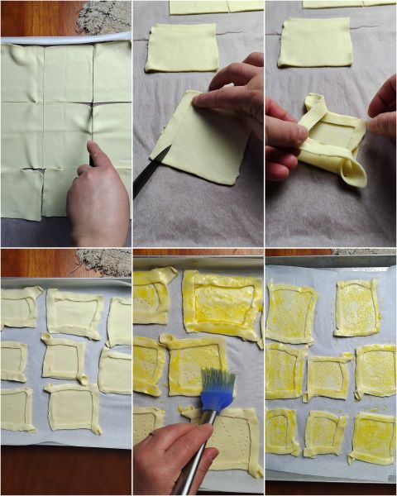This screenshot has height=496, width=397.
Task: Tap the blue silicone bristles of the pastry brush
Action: (217, 389)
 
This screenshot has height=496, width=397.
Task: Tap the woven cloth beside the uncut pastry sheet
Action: (104, 17)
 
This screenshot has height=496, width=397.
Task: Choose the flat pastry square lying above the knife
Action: (182, 48)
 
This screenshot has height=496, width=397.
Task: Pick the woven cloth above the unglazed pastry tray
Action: (104, 261)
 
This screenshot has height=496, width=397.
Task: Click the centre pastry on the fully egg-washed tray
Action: (328, 376)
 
